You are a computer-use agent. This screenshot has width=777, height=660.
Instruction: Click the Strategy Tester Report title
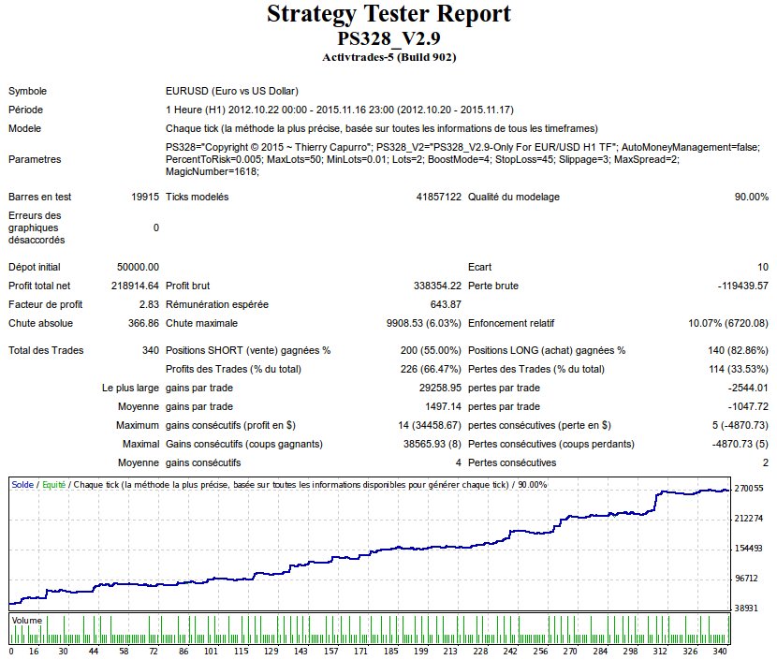(x=388, y=15)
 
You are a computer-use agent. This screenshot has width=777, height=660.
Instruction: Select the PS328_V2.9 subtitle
(x=388, y=38)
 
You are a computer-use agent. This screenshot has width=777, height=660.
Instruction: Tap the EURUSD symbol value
(x=231, y=91)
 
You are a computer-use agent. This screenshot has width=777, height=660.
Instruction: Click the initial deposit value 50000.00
(x=138, y=267)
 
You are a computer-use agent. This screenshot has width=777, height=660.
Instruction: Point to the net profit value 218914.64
(x=135, y=286)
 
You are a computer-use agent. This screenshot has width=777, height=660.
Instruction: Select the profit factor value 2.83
(x=149, y=304)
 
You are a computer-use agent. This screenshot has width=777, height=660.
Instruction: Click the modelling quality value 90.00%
(x=752, y=197)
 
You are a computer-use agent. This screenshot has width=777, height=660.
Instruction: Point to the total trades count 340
(x=150, y=350)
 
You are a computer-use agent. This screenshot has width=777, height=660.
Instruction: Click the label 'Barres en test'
(x=40, y=197)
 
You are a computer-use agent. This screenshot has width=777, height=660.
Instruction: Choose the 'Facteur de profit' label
(x=46, y=304)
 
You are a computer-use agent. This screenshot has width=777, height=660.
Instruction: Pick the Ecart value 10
(x=762, y=267)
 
